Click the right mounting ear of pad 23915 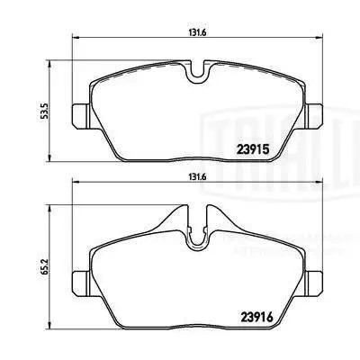[317, 115]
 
